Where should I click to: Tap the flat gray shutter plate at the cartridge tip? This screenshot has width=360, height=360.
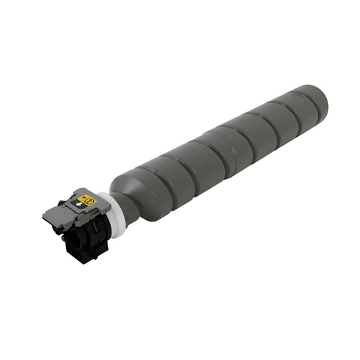57,215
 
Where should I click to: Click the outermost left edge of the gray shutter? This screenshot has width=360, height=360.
43,215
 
